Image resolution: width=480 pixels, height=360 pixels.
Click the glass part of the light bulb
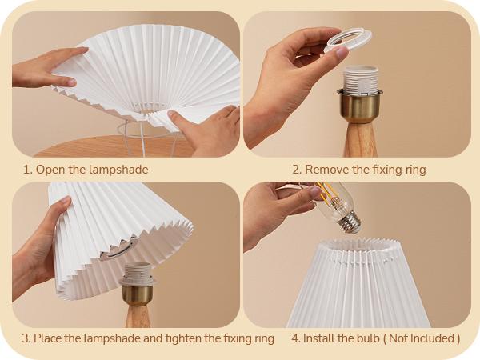332,197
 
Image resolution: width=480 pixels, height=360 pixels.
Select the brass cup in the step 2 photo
360,104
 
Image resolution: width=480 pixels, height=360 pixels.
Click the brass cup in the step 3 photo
137,293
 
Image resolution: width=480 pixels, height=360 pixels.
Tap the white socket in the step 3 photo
137,273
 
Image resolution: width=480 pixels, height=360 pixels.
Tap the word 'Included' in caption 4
430,338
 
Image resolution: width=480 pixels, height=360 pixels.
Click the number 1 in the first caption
26,170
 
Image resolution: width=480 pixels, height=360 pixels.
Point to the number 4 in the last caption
295,338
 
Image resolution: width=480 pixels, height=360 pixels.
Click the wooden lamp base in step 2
359,140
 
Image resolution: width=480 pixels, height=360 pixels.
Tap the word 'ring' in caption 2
414,170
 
